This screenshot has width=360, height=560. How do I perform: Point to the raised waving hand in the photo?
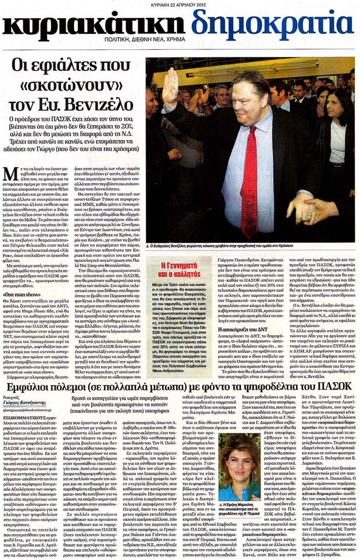tap(170, 87)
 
